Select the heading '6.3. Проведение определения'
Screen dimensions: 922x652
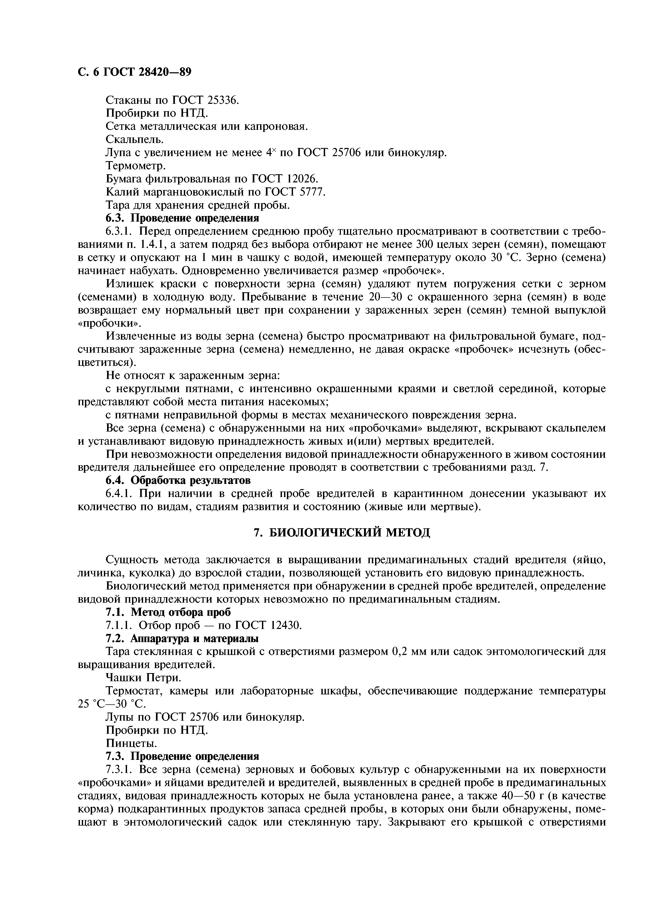182,218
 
